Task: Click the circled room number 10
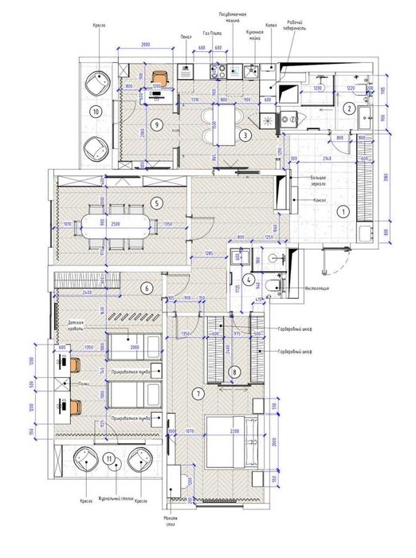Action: tap(96, 112)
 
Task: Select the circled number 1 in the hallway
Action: tap(343, 211)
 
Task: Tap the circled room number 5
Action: tap(157, 203)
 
